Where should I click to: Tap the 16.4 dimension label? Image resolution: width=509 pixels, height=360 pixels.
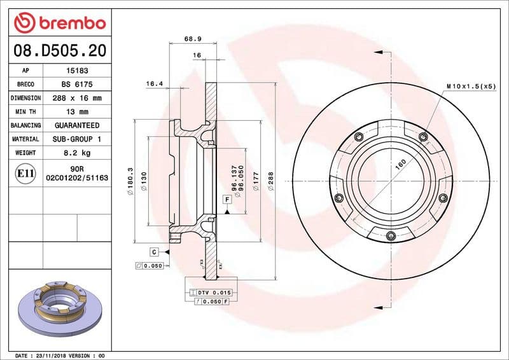tap(155, 83)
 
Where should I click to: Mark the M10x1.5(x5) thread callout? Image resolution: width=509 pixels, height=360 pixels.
tap(470, 85)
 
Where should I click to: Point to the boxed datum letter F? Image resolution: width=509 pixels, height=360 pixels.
tap(227, 200)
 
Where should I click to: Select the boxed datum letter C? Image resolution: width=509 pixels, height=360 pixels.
tap(155, 252)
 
